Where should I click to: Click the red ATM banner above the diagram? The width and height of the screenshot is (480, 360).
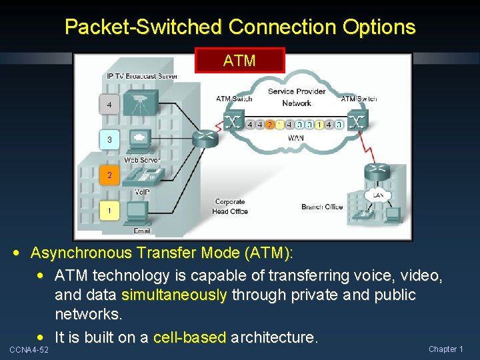point(239,60)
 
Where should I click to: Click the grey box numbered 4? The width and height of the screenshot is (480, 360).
point(109,105)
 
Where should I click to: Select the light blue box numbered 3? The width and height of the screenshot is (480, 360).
point(109,140)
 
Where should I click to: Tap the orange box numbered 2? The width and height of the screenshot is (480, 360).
point(109,176)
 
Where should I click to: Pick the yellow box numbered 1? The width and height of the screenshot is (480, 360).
point(109,211)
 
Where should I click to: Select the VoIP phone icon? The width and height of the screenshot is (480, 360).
point(142,175)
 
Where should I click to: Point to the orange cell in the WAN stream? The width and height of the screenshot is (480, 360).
point(269,125)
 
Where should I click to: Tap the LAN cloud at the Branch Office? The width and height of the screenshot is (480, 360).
point(378,195)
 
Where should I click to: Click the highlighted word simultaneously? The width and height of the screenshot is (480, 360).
point(175,295)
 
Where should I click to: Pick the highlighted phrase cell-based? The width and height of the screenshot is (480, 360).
point(189,337)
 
